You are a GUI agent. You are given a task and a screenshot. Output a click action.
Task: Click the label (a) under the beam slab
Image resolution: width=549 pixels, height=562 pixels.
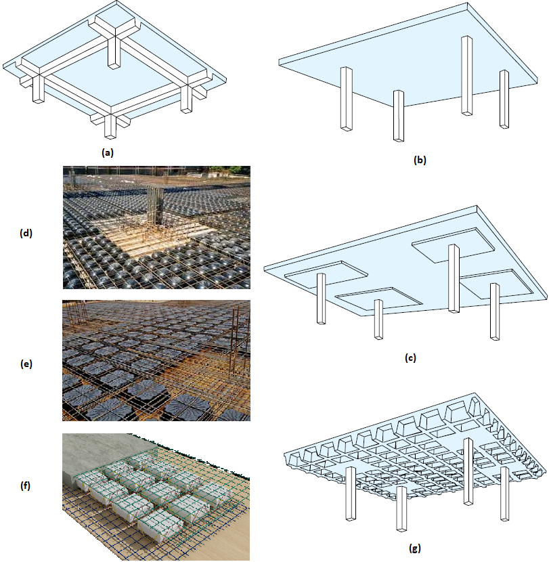pos(107,152)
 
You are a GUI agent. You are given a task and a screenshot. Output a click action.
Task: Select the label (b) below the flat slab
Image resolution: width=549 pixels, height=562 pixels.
pos(420,160)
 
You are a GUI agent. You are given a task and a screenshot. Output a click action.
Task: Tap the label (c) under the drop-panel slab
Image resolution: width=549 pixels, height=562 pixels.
pos(410,359)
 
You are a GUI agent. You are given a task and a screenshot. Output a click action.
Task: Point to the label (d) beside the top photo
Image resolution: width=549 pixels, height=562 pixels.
pos(26,234)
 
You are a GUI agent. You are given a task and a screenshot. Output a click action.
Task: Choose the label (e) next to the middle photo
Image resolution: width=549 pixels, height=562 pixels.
pos(26,364)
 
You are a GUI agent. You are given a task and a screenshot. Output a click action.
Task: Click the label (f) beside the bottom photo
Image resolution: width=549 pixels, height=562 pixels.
pos(26,485)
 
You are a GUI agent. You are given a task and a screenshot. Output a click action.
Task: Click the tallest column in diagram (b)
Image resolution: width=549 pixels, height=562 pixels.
pos(467,74)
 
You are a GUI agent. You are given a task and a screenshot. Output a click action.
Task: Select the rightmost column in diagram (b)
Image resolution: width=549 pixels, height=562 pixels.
pos(504,98)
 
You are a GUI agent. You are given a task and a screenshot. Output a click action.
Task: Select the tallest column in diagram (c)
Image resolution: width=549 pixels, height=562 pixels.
pos(454,278)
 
